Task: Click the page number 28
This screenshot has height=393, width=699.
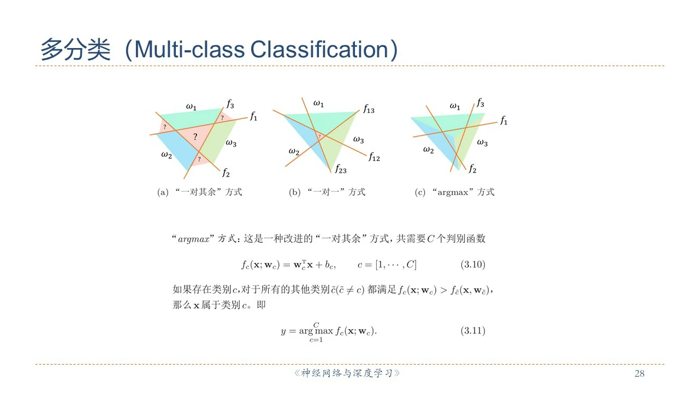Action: (639, 373)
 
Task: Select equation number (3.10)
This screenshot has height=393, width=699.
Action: (473, 265)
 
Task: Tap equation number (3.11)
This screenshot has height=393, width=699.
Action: (473, 330)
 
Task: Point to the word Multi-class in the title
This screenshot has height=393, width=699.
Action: (189, 49)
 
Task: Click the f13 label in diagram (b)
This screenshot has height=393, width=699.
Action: (369, 109)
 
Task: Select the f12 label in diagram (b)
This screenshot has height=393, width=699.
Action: (374, 157)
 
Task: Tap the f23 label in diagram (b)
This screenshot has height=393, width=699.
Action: (341, 169)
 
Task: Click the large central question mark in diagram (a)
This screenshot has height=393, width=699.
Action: (195, 136)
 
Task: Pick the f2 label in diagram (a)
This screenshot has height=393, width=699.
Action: (226, 172)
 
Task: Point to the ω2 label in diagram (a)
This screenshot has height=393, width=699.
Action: (167, 154)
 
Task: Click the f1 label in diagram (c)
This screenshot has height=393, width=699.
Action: (503, 120)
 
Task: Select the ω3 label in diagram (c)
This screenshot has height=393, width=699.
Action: (482, 142)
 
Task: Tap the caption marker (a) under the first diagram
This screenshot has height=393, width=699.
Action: (163, 192)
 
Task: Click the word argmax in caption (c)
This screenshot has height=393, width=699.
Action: (453, 193)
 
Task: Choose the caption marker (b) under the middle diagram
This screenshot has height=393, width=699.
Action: (294, 192)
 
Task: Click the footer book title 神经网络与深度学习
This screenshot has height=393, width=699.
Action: (347, 373)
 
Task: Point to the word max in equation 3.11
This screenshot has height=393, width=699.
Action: (324, 331)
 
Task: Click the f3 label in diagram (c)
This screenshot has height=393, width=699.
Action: (480, 103)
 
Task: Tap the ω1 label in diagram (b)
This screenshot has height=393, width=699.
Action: (318, 104)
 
